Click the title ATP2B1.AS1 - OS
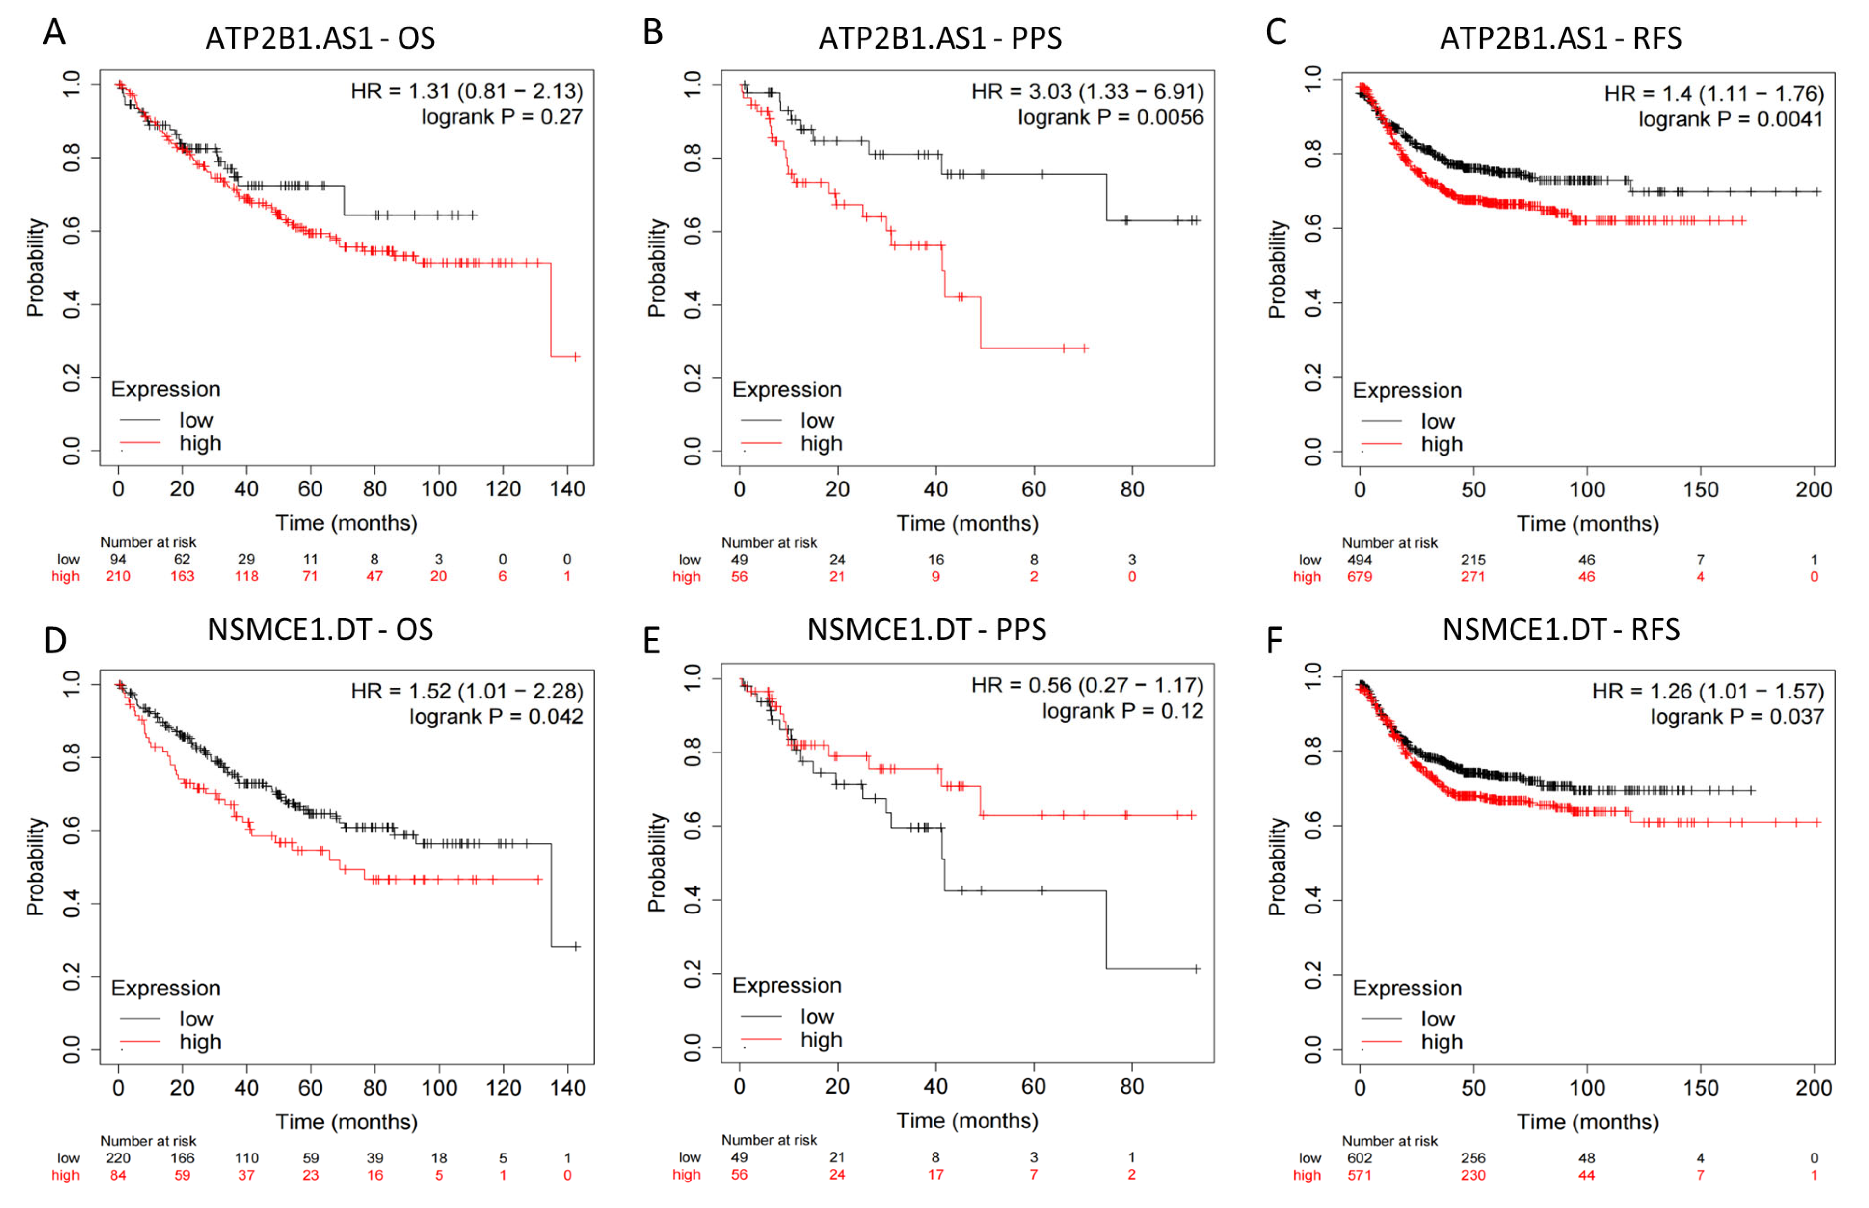(320, 38)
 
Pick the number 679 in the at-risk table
(1359, 577)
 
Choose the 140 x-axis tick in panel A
(567, 489)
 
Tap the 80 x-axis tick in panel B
(1132, 489)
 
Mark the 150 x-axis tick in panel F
(1700, 1087)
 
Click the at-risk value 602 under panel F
(1359, 1158)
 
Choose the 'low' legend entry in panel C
(1437, 421)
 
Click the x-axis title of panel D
(346, 1121)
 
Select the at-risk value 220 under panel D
(118, 1158)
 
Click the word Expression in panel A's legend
(165, 389)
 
